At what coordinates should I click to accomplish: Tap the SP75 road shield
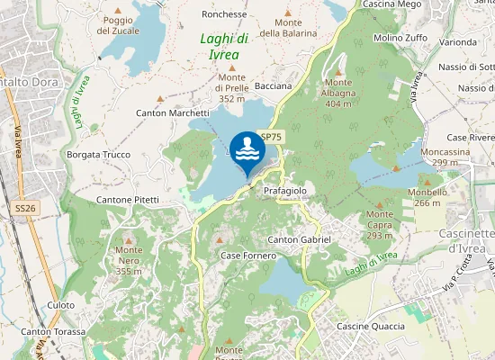[x=272, y=137]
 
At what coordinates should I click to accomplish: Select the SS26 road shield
[x=25, y=208]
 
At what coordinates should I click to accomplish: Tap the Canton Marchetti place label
[x=172, y=113]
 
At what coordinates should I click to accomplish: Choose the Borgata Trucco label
[x=99, y=155]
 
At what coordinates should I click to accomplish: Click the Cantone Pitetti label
[x=128, y=199]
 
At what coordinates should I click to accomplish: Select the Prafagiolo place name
[x=286, y=191]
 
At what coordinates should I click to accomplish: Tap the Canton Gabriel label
[x=300, y=239]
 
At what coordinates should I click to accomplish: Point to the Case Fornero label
[x=248, y=256]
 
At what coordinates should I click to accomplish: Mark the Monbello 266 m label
[x=427, y=198]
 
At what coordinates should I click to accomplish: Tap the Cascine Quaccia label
[x=371, y=326]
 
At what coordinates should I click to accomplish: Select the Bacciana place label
[x=274, y=86]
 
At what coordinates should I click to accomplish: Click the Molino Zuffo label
[x=400, y=39]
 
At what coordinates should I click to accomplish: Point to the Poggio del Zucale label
[x=118, y=25]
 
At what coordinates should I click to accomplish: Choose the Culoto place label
[x=61, y=305]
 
